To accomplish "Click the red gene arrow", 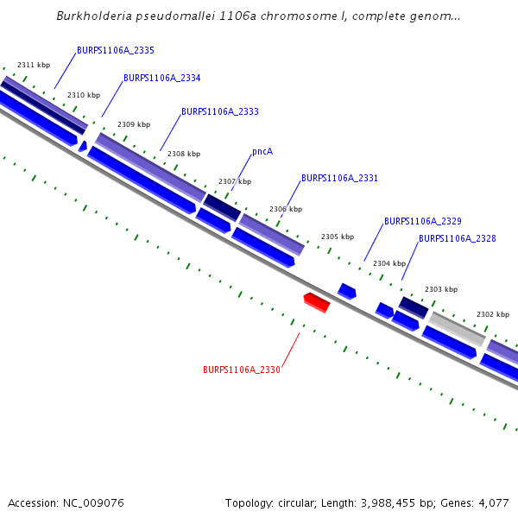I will [x=317, y=302].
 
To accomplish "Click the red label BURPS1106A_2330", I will [x=242, y=370].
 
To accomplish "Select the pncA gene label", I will [x=262, y=151].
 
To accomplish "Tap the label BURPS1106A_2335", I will [x=116, y=51].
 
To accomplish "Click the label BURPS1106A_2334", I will [x=162, y=78].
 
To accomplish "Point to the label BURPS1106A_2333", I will [x=220, y=111].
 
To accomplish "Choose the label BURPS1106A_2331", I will [x=339, y=179].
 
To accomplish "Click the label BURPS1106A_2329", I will [x=422, y=222].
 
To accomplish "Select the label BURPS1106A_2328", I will [x=457, y=238].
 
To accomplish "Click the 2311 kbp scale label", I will [x=34, y=65].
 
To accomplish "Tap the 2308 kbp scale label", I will [x=184, y=154].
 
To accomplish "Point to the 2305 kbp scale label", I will [x=338, y=237].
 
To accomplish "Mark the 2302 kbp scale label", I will [x=493, y=314].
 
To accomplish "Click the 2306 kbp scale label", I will [x=286, y=209].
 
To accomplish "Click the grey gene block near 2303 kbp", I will [x=457, y=329].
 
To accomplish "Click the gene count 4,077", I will [x=495, y=502].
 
